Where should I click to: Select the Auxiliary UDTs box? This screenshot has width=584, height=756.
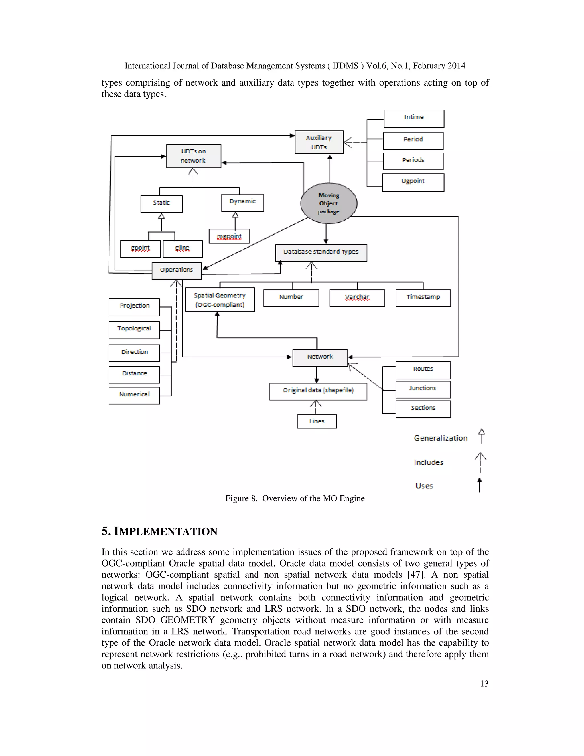pyautogui.click(x=319, y=142)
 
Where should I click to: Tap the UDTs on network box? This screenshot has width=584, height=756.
pyautogui.click(x=193, y=156)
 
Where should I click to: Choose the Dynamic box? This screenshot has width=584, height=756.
pyautogui.click(x=243, y=203)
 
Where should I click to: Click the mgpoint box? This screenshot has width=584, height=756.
pyautogui.click(x=229, y=236)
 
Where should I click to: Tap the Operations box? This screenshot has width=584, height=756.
pyautogui.click(x=177, y=271)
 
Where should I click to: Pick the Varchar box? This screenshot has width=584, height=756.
pyautogui.click(x=357, y=298)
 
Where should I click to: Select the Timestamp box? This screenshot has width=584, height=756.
pyautogui.click(x=423, y=298)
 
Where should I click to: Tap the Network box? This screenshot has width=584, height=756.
pyautogui.click(x=320, y=357)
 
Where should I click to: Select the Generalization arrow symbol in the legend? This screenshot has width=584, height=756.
pyautogui.click(x=481, y=436)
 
